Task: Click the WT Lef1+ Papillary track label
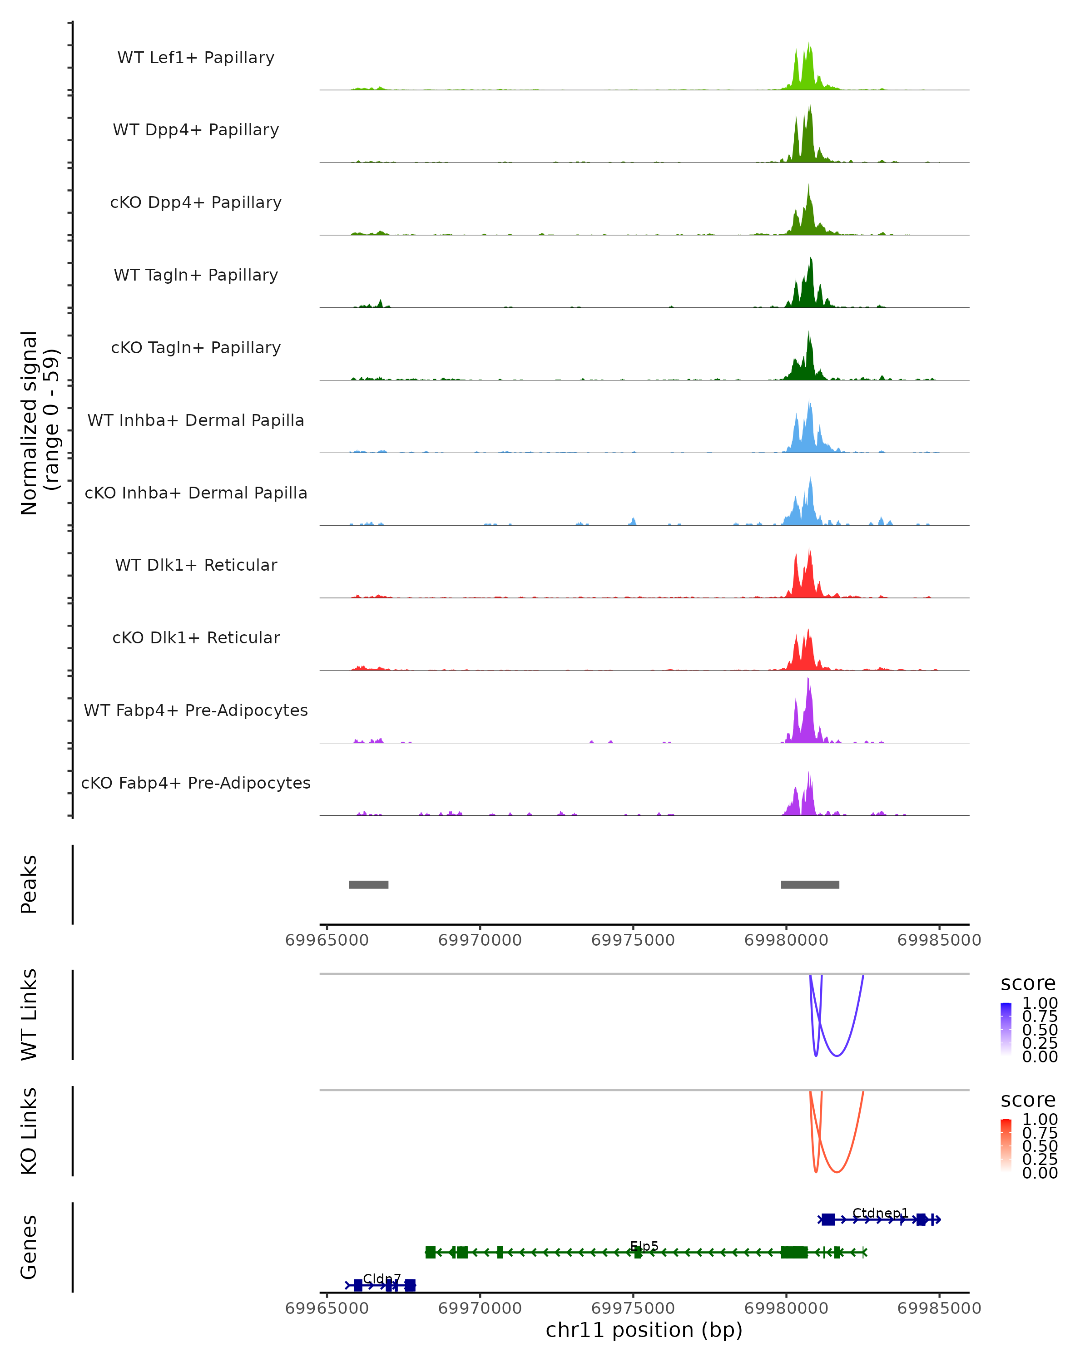[196, 58]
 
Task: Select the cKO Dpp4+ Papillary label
[196, 203]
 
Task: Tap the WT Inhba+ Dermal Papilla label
[196, 421]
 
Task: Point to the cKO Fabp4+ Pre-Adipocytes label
[196, 783]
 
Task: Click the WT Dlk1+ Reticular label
[196, 565]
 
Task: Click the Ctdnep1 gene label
[880, 1213]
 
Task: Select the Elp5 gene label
[644, 1246]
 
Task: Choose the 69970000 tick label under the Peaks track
[480, 940]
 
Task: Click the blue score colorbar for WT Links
[1006, 1030]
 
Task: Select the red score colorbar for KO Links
[1006, 1147]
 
